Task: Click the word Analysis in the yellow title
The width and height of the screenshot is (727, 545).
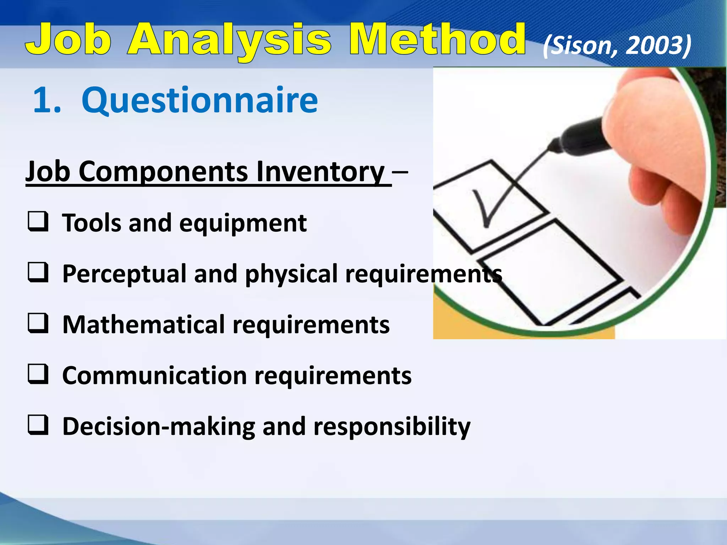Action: point(229,40)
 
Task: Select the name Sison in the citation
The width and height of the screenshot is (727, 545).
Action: point(579,46)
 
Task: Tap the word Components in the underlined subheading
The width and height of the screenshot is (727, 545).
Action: point(163,172)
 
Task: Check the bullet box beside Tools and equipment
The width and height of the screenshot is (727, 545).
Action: point(38,222)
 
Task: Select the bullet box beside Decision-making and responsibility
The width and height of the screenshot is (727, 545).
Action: point(38,425)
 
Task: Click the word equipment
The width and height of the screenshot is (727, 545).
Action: point(243,224)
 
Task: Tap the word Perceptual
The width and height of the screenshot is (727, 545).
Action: point(124,274)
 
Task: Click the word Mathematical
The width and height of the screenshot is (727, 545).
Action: point(143,325)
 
